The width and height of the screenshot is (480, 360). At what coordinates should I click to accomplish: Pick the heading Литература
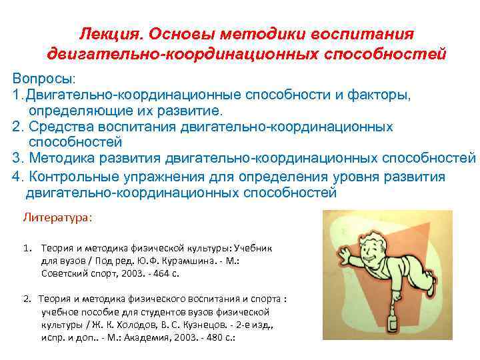[58, 217]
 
